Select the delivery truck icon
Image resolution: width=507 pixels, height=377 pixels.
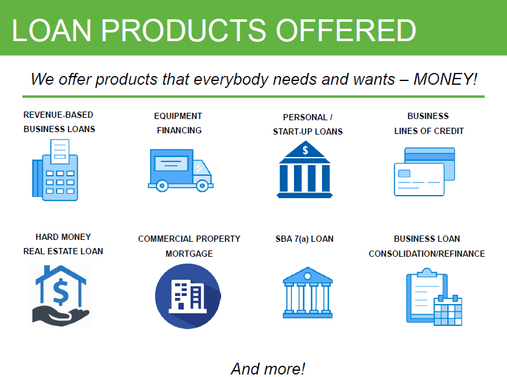click(x=180, y=169)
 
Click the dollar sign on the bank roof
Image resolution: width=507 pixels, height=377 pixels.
click(x=305, y=150)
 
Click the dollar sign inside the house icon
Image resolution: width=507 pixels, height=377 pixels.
click(x=61, y=290)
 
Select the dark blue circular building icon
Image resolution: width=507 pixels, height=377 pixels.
click(x=187, y=296)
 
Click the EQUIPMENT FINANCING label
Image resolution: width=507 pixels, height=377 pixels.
click(x=179, y=123)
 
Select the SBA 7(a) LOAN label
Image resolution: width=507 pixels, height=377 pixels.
click(x=305, y=239)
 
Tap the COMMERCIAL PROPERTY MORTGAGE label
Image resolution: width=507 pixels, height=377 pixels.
click(x=189, y=246)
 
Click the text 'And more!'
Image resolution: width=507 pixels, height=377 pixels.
click(x=268, y=368)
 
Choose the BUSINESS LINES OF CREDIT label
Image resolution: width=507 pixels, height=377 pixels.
click(x=429, y=123)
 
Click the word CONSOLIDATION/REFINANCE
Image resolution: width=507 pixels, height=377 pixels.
click(x=427, y=254)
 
